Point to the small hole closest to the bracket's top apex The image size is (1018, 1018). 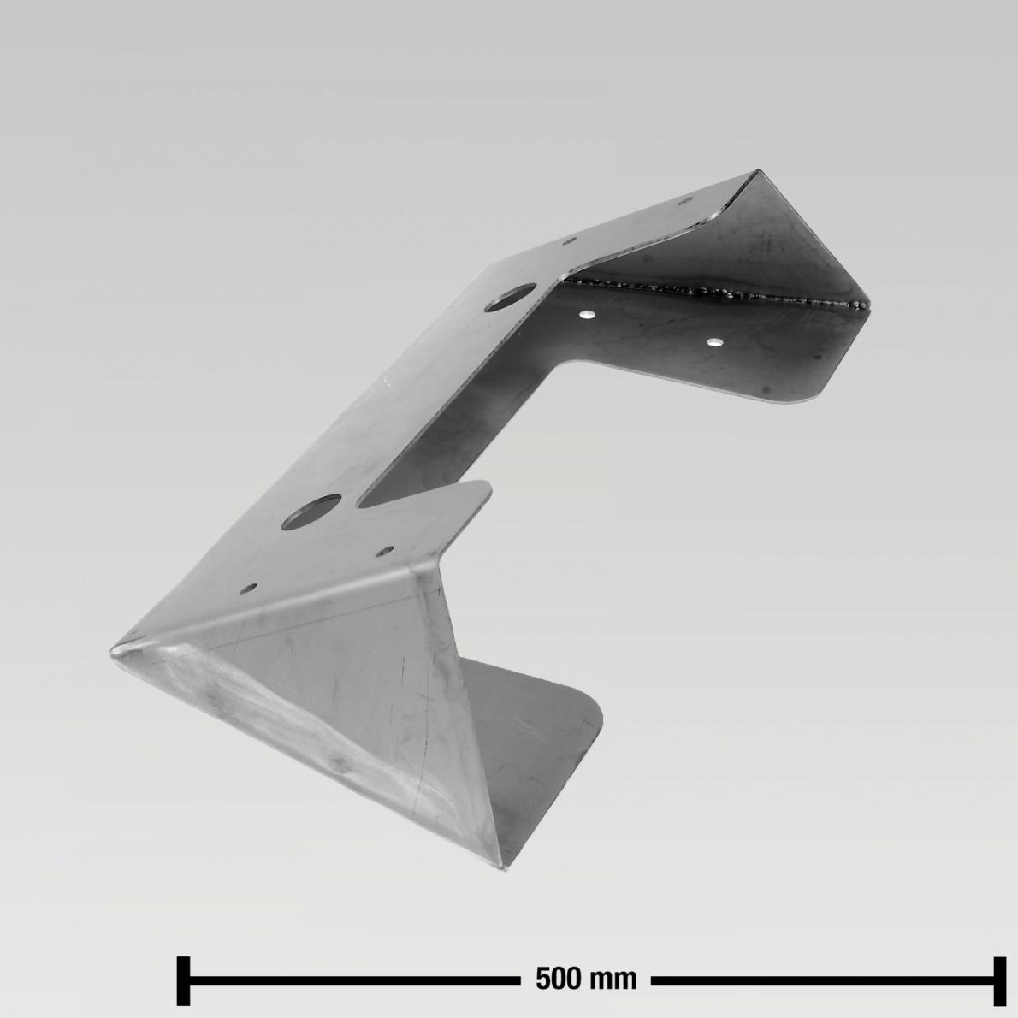pos(684,202)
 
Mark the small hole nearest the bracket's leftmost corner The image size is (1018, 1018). pos(249,589)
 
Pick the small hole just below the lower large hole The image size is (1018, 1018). pos(387,552)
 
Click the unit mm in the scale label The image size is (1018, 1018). pos(618,979)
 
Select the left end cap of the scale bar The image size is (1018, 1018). pos(183,980)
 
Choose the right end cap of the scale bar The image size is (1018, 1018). pos(999,980)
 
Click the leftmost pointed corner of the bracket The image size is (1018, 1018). pos(112,652)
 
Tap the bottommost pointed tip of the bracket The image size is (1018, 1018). pos(506,868)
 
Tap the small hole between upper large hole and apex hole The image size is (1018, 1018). pos(571,242)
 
